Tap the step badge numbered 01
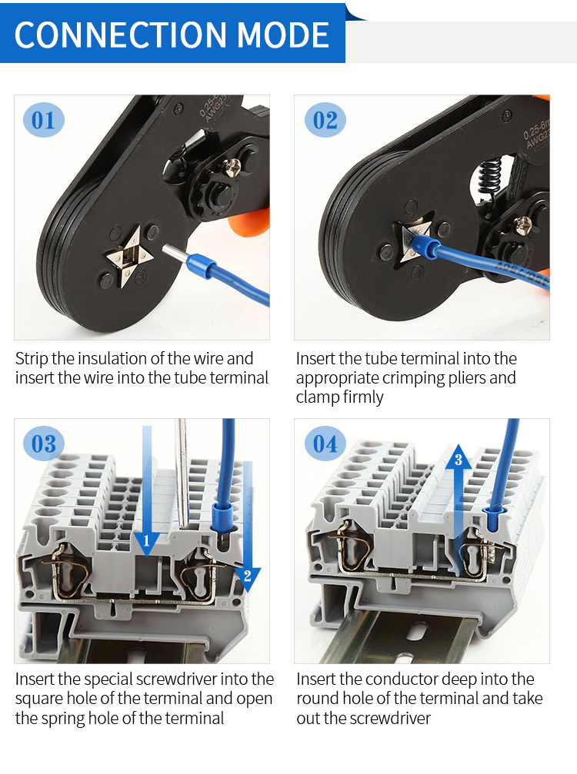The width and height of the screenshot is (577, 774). tap(44, 121)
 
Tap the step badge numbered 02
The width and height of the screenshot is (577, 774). tap(325, 121)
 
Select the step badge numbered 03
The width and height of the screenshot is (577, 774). tap(44, 443)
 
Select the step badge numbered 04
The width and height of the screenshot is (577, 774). tap(325, 443)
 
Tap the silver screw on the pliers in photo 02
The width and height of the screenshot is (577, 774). tap(525, 225)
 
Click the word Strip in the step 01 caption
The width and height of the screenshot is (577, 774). tap(32, 359)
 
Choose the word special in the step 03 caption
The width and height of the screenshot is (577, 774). tap(99, 679)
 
